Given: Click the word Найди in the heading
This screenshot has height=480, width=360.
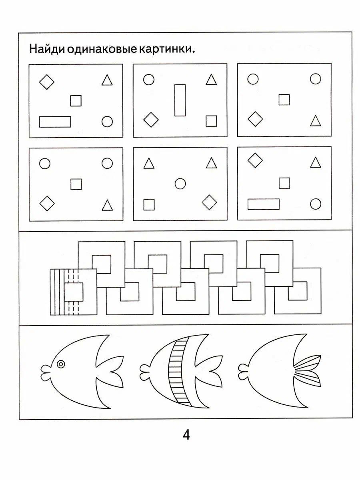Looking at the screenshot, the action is click(46, 49).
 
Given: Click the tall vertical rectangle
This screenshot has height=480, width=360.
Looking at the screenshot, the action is click(180, 100).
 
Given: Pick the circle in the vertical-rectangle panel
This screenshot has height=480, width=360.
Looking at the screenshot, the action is click(149, 79).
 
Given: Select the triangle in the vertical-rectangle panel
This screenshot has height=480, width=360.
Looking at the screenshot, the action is click(211, 79).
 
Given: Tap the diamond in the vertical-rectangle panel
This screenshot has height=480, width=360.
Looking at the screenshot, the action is click(151, 120).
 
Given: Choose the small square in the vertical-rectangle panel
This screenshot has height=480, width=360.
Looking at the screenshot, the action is click(211, 121).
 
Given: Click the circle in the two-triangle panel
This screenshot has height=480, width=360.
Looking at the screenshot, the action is click(180, 184).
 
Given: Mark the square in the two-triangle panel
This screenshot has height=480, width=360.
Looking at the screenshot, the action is click(149, 205).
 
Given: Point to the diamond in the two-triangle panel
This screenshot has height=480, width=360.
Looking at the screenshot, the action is click(209, 202).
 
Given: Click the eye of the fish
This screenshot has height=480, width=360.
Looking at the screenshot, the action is click(60, 364).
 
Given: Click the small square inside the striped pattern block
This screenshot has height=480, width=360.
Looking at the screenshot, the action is click(74, 292).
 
